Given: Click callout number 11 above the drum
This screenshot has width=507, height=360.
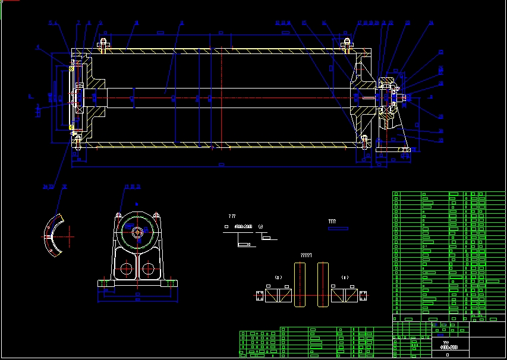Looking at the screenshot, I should tap(284, 23).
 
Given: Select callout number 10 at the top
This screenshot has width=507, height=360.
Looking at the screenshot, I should tap(278, 23).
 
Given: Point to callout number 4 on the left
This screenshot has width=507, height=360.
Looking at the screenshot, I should tap(37, 46).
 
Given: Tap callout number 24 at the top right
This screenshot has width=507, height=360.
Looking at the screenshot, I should tap(431, 23).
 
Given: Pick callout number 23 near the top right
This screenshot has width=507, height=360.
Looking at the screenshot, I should tap(407, 23).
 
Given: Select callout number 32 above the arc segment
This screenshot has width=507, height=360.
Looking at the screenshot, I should tap(64, 187).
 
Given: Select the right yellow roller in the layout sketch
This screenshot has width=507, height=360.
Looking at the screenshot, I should tap(323, 285).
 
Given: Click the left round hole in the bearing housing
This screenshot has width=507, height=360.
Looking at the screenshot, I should tap(126, 269).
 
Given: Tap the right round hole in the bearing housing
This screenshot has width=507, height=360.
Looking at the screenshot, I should tap(149, 269).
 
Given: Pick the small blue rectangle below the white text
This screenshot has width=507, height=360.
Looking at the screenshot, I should tap(339, 228).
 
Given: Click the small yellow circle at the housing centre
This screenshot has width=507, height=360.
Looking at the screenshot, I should tap(138, 232).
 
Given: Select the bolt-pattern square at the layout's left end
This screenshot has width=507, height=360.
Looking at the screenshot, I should tap(260, 295).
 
